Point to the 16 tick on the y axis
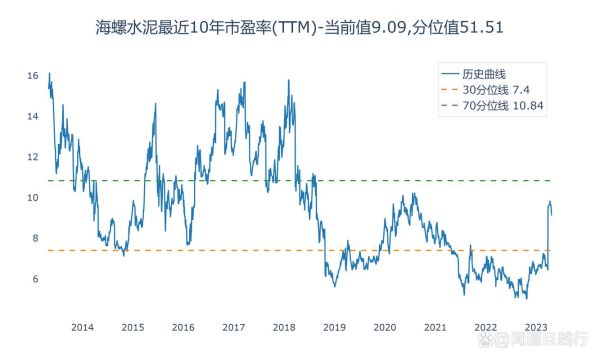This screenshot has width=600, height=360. point(34,76)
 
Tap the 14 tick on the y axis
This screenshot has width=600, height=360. point(34,117)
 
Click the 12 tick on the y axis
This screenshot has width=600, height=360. point(34,157)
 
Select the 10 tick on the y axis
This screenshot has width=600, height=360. point(34,198)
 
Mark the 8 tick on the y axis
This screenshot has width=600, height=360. point(35,238)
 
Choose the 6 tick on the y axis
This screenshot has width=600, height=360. point(35,279)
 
